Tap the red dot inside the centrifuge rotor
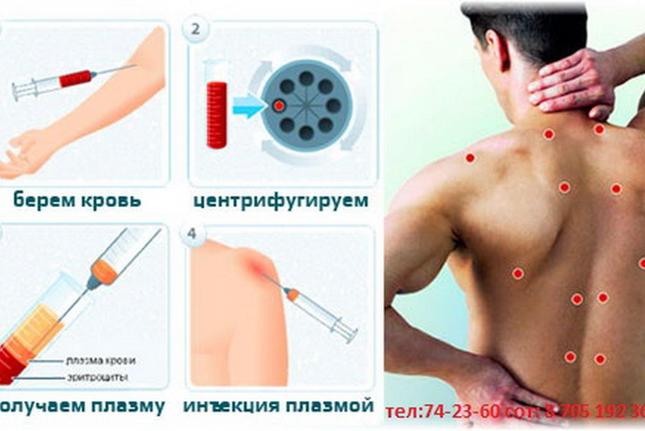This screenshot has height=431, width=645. pyautogui.click(x=278, y=106)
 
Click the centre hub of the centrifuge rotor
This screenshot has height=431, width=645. pyautogui.click(x=304, y=105)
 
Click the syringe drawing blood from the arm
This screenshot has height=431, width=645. pyautogui.click(x=65, y=84)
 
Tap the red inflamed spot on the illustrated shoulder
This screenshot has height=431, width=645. pyautogui.click(x=255, y=269)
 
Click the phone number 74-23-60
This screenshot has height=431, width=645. pyautogui.click(x=441, y=410)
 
